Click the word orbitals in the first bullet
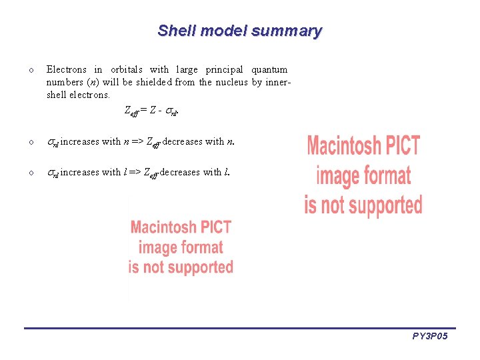[127, 69]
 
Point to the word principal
[225, 69]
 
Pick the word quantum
[269, 69]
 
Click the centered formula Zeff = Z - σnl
[151, 111]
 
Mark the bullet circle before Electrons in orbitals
[31, 70]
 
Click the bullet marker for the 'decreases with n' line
[31, 141]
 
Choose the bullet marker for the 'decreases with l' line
[31, 173]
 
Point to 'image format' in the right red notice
[363, 175]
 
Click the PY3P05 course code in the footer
[429, 337]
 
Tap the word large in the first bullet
[187, 69]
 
